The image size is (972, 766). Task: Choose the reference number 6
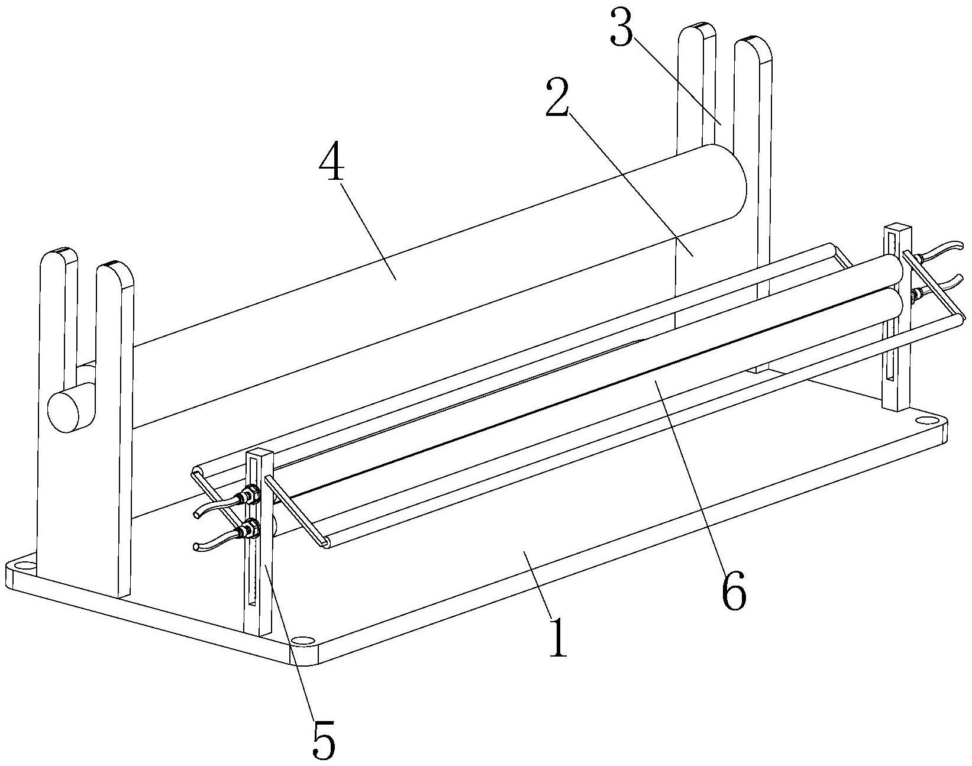pyautogui.click(x=734, y=589)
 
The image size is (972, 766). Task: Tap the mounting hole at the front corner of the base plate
pyautogui.click(x=302, y=641)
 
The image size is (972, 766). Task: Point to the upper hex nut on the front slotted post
pyautogui.click(x=250, y=493)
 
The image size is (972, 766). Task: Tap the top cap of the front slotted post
pyautogui.click(x=259, y=454)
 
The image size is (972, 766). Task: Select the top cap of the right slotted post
pyautogui.click(x=895, y=228)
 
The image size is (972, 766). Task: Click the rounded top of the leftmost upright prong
pyautogui.click(x=59, y=255)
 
